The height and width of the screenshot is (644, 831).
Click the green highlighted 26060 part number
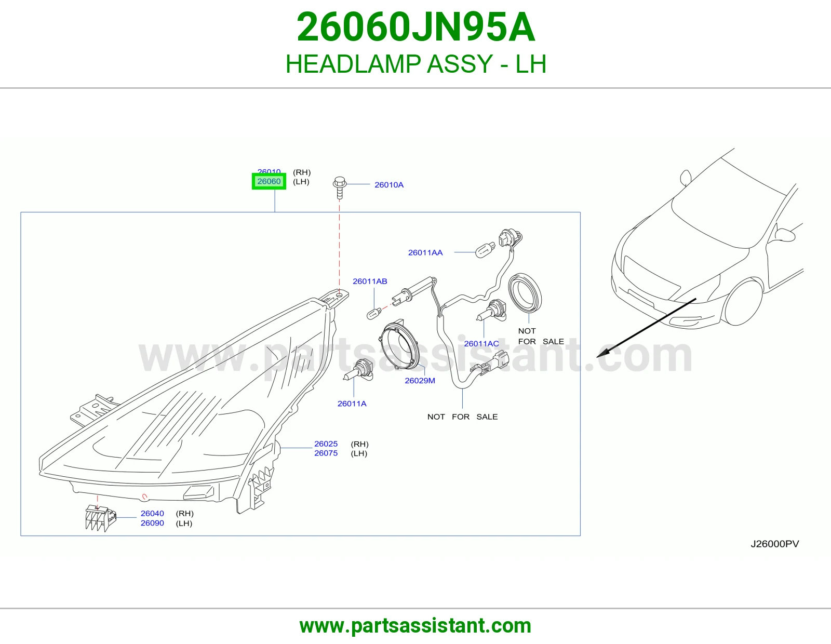[x=269, y=181]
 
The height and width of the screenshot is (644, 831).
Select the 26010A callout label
[x=389, y=185]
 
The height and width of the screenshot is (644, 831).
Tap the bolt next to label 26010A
[x=340, y=187]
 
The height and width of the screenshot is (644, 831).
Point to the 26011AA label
[x=425, y=252]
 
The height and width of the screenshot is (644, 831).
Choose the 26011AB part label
[x=370, y=281]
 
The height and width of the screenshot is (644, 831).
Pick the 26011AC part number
[x=481, y=343]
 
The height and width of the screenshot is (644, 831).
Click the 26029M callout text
[x=420, y=381]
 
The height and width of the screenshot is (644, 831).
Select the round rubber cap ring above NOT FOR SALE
[x=525, y=293]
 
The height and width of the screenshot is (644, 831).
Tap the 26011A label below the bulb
[x=352, y=404]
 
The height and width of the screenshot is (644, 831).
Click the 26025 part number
[x=326, y=444]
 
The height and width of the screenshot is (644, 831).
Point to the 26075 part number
[x=326, y=453]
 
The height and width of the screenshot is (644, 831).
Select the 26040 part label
[x=152, y=513]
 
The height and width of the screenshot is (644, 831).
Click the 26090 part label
[x=152, y=523]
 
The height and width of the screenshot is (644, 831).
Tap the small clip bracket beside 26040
[x=100, y=518]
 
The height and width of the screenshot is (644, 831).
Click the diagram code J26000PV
[x=775, y=544]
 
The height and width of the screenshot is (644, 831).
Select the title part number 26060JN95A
[x=415, y=27]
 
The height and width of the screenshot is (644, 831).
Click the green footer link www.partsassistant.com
[x=415, y=626]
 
